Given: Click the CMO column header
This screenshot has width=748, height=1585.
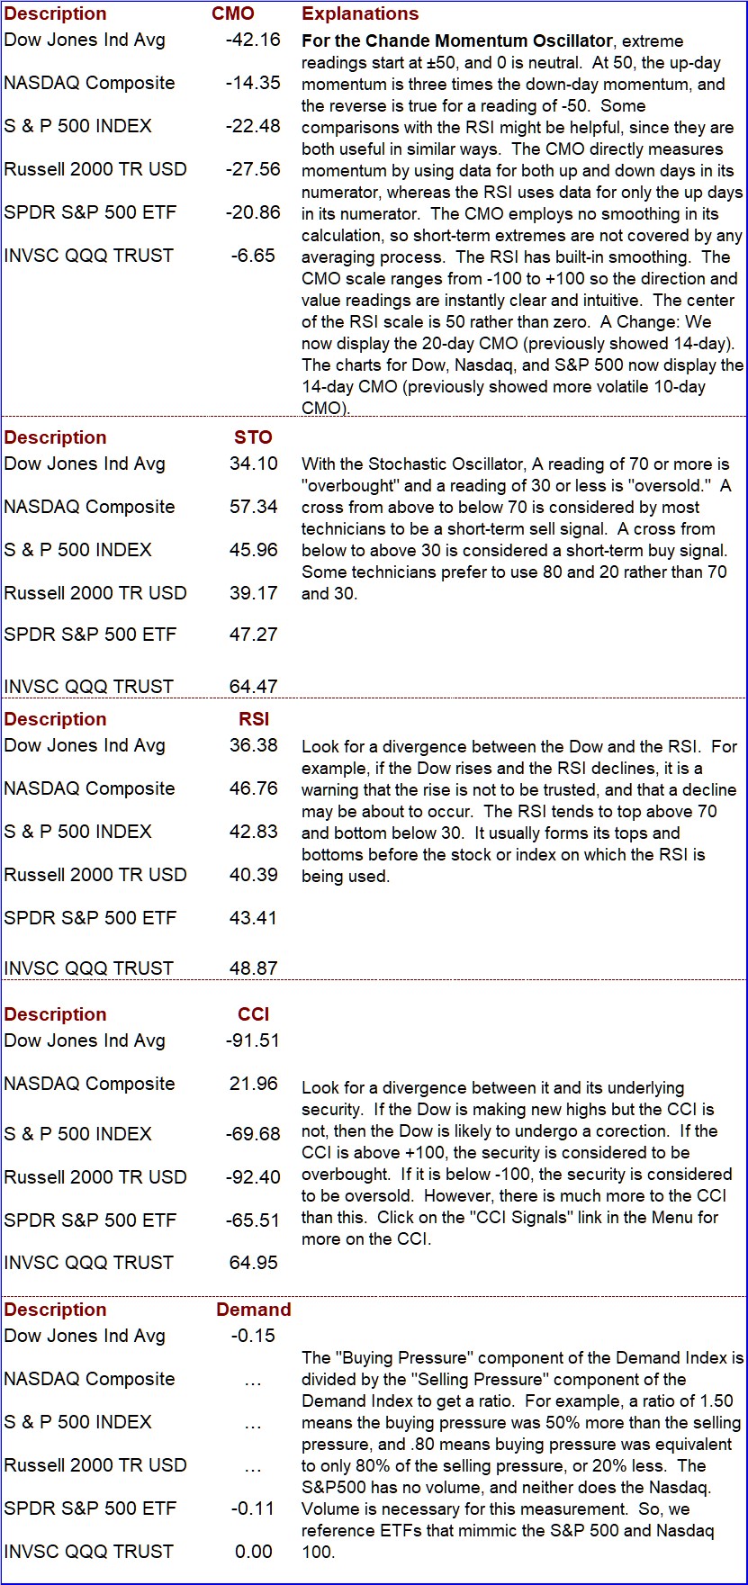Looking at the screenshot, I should [x=233, y=14].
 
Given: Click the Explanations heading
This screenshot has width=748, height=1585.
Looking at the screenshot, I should [x=360, y=14].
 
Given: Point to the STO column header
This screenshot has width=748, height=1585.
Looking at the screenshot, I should [x=253, y=437].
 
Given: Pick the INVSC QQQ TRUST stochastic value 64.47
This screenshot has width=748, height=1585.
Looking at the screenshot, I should [x=254, y=687].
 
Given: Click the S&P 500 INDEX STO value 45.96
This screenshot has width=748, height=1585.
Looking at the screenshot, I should [x=254, y=550].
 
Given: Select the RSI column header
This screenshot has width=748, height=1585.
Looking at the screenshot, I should [x=254, y=719].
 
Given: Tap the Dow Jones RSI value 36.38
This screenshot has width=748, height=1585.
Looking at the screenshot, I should [x=254, y=745].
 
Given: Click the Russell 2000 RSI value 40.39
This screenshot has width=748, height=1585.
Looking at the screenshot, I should [x=254, y=875].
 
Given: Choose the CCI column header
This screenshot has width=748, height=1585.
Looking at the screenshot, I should [x=254, y=1014].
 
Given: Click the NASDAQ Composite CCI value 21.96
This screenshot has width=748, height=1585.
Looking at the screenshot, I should [x=254, y=1084].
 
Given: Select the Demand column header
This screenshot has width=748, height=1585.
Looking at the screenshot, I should [x=254, y=1310].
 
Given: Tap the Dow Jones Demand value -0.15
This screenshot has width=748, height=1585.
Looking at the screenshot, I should [x=253, y=1336].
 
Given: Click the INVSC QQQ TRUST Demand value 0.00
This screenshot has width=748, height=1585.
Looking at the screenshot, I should [x=254, y=1552].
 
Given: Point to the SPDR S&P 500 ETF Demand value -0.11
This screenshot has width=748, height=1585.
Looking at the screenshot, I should [x=253, y=1508].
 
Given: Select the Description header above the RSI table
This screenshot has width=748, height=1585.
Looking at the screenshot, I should [x=55, y=719].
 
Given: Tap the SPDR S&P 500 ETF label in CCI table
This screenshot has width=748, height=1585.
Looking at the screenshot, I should [x=90, y=1220].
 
